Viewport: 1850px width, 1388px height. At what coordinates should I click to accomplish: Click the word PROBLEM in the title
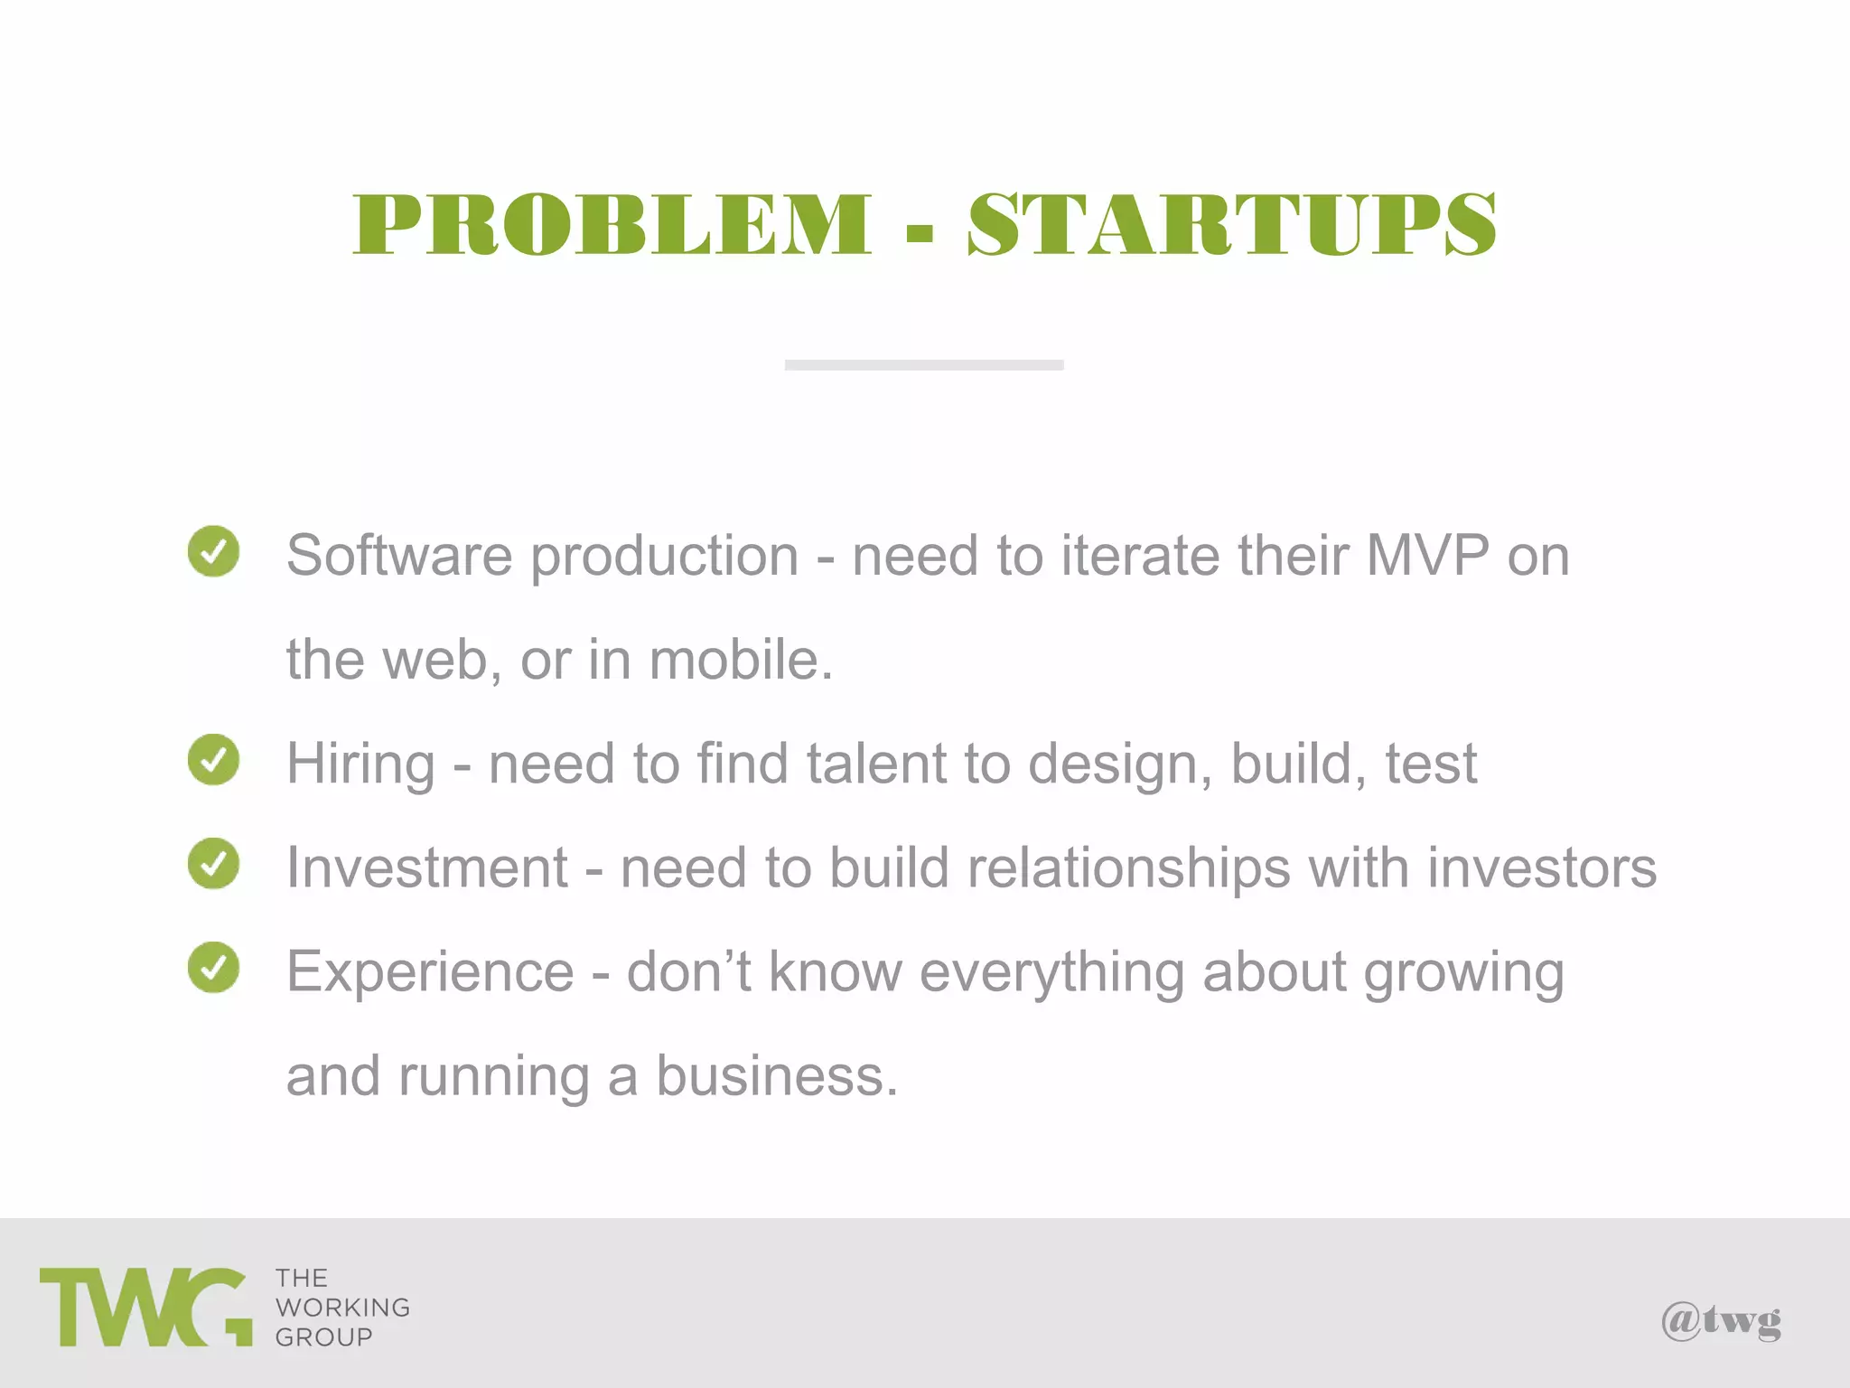pyautogui.click(x=612, y=224)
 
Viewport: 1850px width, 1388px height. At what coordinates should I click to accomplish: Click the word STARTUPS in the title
pyautogui.click(x=1232, y=224)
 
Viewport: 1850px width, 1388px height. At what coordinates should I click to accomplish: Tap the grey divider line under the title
pyautogui.click(x=924, y=365)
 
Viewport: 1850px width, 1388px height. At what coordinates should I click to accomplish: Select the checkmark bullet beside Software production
pyautogui.click(x=214, y=551)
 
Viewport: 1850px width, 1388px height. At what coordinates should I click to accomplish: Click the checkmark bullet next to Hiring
pyautogui.click(x=214, y=759)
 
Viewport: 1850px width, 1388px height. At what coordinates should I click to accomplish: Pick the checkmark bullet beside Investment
pyautogui.click(x=214, y=864)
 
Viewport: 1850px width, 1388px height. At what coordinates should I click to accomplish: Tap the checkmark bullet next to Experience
pyautogui.click(x=214, y=968)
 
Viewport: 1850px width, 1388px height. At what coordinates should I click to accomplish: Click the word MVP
pyautogui.click(x=1427, y=555)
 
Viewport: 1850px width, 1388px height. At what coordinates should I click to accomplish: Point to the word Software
pyautogui.click(x=399, y=555)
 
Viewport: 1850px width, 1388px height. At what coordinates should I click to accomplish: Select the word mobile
pyautogui.click(x=741, y=659)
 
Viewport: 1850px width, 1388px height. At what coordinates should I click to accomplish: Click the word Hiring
pyautogui.click(x=361, y=764)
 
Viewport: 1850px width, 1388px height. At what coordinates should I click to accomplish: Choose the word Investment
pyautogui.click(x=427, y=867)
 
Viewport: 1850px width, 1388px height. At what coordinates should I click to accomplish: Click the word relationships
pyautogui.click(x=1129, y=867)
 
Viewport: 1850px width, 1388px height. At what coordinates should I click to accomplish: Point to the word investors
pyautogui.click(x=1542, y=867)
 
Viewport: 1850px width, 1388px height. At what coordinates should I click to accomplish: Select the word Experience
pyautogui.click(x=430, y=971)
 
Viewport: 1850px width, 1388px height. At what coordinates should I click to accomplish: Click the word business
pyautogui.click(x=777, y=1075)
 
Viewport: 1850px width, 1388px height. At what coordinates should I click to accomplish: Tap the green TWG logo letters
pyautogui.click(x=145, y=1307)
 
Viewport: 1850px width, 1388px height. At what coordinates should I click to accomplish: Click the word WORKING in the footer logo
pyautogui.click(x=343, y=1308)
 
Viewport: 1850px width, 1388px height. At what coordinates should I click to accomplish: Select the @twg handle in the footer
pyautogui.click(x=1722, y=1321)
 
